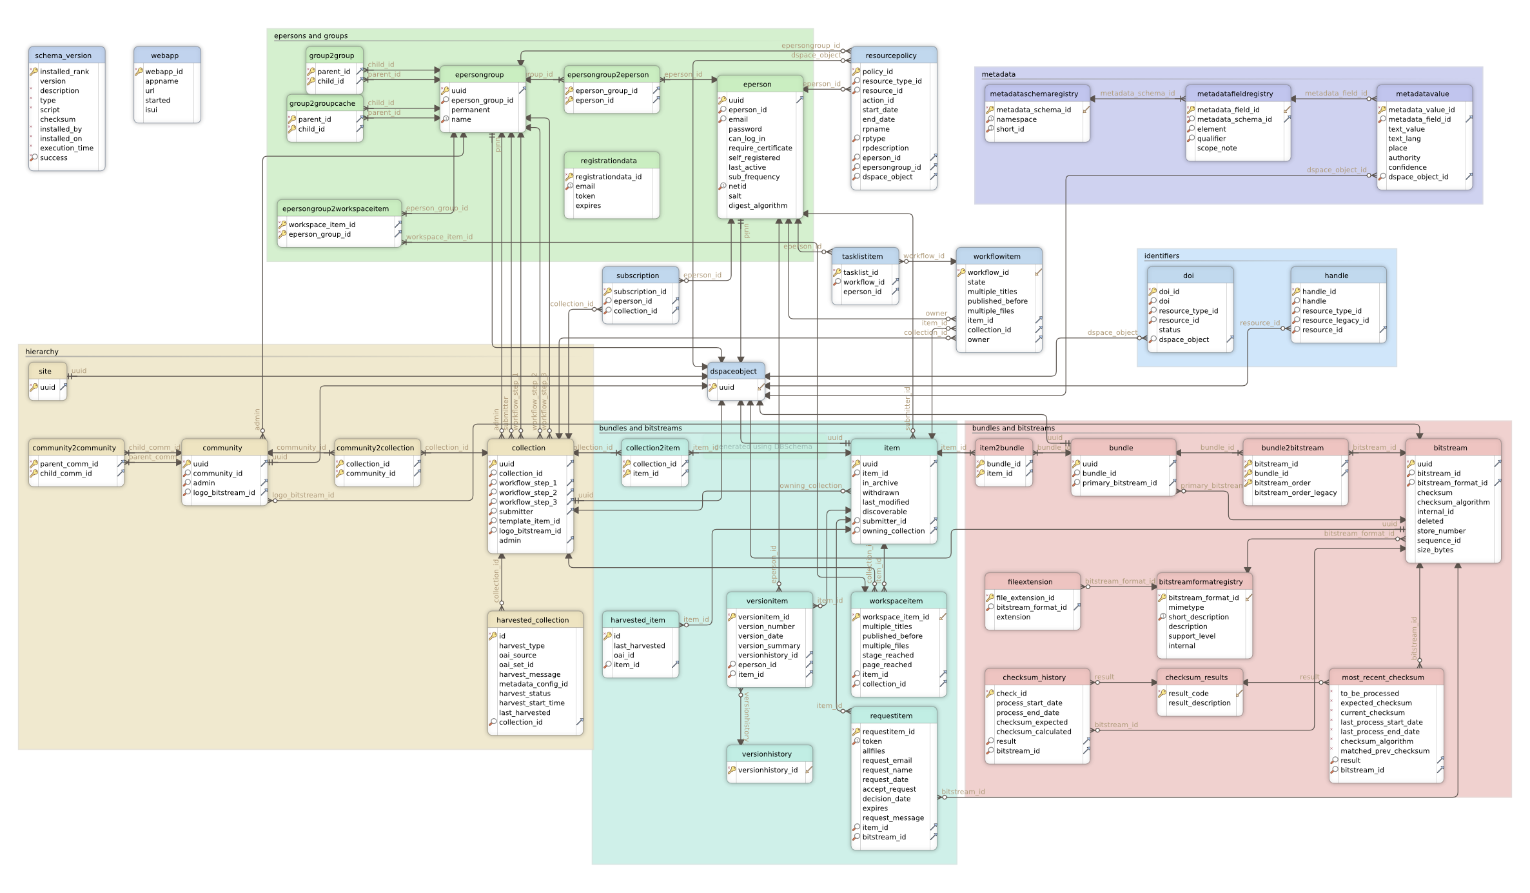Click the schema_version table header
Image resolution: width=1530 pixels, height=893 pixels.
click(x=63, y=55)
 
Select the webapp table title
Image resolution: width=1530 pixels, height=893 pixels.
click(x=165, y=55)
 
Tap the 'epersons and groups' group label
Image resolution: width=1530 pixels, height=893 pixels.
click(x=311, y=36)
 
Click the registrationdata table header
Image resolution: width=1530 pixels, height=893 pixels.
click(x=608, y=161)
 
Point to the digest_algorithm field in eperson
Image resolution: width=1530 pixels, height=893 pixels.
click(x=758, y=206)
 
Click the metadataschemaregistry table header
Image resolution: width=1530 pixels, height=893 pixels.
click(x=1034, y=94)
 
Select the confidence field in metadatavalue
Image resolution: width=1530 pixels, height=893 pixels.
click(x=1407, y=168)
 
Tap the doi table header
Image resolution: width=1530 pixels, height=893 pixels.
click(x=1188, y=276)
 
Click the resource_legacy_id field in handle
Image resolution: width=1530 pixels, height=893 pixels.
click(x=1335, y=321)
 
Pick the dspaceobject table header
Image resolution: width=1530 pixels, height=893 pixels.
click(x=733, y=371)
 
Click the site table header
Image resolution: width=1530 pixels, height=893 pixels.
click(x=45, y=371)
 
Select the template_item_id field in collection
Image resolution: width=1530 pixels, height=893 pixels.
click(x=529, y=521)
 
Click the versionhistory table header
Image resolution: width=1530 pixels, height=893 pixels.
click(x=767, y=754)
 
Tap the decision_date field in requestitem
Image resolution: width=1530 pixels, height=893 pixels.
click(x=887, y=799)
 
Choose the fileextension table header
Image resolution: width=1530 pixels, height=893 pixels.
click(x=1030, y=581)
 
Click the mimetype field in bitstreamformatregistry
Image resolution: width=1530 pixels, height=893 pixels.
click(x=1186, y=607)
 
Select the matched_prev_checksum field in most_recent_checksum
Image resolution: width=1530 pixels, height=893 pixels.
click(x=1384, y=751)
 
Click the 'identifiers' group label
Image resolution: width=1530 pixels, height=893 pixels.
click(x=1161, y=256)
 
